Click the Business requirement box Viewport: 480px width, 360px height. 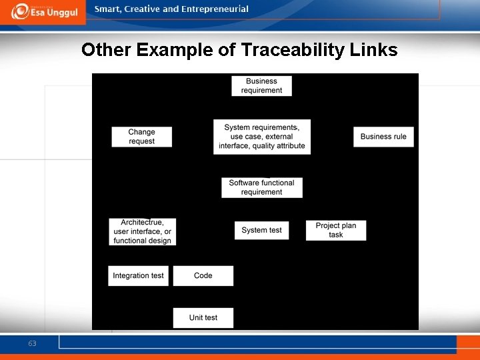[261, 86]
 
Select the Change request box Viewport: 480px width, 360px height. [141, 137]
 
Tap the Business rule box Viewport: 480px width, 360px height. [383, 137]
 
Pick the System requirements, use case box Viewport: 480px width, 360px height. [262, 137]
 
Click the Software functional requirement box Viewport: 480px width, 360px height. [262, 187]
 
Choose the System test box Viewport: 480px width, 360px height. [261, 230]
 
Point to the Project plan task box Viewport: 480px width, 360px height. [336, 230]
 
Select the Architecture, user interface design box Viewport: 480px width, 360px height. [143, 232]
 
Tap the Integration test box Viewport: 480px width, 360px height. [138, 275]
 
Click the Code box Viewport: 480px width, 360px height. [203, 275]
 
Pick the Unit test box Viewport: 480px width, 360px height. [203, 317]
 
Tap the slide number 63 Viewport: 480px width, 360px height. [32, 344]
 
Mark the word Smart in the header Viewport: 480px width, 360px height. [108, 9]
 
